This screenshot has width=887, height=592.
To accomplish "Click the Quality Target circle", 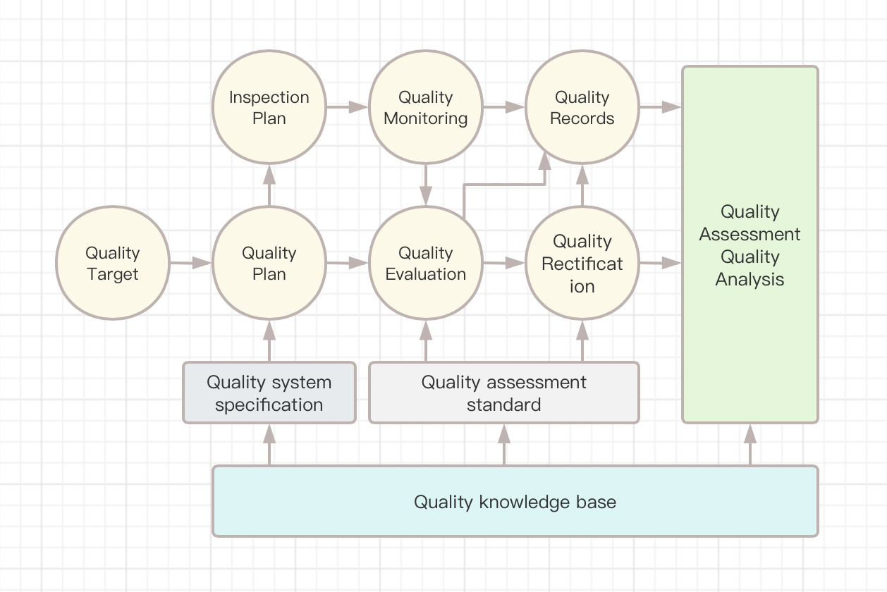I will coord(113,263).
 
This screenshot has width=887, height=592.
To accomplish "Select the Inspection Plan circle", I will coord(269,107).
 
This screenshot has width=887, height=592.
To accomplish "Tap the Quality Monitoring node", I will coord(426,107).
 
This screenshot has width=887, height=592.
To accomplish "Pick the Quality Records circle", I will coord(582,107).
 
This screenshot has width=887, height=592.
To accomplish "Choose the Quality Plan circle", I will coord(269,263).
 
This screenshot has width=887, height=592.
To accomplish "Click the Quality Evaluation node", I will coord(426,263).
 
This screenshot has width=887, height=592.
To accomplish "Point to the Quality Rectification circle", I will coord(582,263).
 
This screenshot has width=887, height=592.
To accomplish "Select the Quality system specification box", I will coord(269,393).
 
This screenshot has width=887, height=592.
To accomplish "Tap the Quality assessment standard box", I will coord(504,393).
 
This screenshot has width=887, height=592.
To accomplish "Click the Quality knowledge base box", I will coord(515,501).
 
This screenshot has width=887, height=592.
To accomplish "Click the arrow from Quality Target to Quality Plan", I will coord(190,263).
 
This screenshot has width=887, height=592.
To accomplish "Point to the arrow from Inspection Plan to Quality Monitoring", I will coord(347,107).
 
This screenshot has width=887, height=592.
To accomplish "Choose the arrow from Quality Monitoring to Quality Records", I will coord(503,107).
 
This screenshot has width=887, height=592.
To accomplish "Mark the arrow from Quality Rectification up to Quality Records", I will coord(582,185).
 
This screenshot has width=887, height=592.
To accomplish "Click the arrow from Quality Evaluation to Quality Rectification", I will coord(503,263).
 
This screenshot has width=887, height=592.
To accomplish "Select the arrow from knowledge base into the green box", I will coord(750,444).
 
